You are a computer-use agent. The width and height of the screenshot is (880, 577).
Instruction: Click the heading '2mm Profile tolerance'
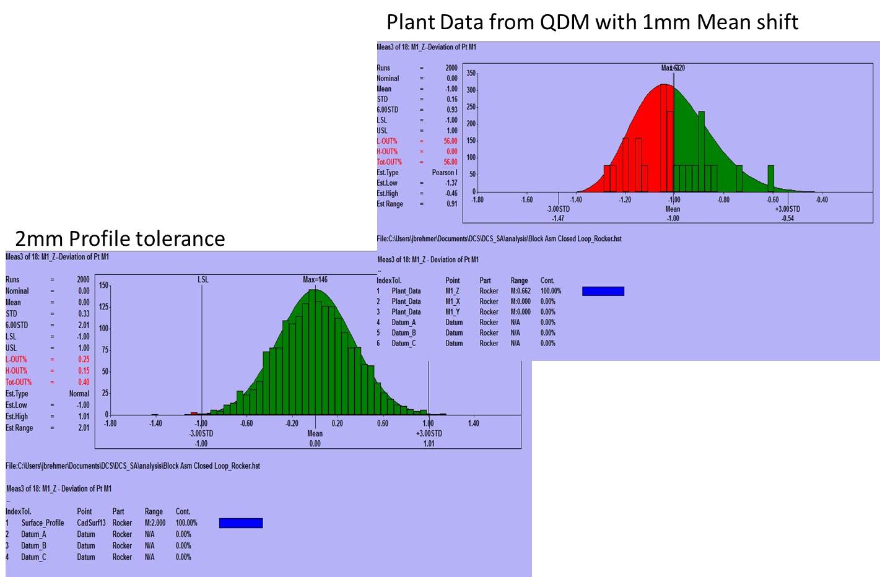pyautogui.click(x=120, y=238)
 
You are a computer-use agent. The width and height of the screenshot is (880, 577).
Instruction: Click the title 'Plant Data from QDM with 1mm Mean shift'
pyautogui.click(x=592, y=22)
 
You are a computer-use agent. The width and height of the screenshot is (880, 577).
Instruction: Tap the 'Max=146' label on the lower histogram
pyautogui.click(x=315, y=280)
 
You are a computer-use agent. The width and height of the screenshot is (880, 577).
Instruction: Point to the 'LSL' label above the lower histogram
pyautogui.click(x=203, y=280)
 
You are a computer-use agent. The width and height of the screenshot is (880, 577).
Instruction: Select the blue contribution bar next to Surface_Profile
pyautogui.click(x=241, y=523)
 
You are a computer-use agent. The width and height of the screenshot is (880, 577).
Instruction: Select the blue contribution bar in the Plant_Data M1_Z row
pyautogui.click(x=603, y=291)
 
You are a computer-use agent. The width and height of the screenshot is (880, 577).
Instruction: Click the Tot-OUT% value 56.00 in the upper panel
pyautogui.click(x=450, y=162)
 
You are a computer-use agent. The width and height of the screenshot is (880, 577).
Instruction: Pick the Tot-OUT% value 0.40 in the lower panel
pyautogui.click(x=84, y=382)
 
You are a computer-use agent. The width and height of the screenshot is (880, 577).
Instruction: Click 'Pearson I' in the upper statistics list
pyautogui.click(x=445, y=173)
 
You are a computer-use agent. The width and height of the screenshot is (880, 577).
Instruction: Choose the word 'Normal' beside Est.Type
pyautogui.click(x=79, y=394)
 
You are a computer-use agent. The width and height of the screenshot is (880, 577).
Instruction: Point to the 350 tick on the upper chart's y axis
pyautogui.click(x=471, y=74)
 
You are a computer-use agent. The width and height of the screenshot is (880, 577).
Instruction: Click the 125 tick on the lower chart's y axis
pyautogui.click(x=104, y=307)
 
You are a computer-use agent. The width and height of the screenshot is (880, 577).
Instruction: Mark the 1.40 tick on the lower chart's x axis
pyautogui.click(x=474, y=423)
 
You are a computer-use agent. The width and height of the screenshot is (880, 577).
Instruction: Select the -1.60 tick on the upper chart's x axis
pyautogui.click(x=526, y=200)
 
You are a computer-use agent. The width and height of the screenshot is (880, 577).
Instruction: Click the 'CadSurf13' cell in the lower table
pyautogui.click(x=91, y=523)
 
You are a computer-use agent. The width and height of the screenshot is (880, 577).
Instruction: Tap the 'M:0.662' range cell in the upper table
pyautogui.click(x=521, y=291)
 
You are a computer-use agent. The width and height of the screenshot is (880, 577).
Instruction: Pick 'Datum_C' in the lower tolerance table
pyautogui.click(x=33, y=557)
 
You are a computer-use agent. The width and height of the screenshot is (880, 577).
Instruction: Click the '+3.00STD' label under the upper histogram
pyautogui.click(x=788, y=209)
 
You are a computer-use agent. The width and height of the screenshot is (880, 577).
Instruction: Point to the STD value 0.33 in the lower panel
pyautogui.click(x=84, y=314)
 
